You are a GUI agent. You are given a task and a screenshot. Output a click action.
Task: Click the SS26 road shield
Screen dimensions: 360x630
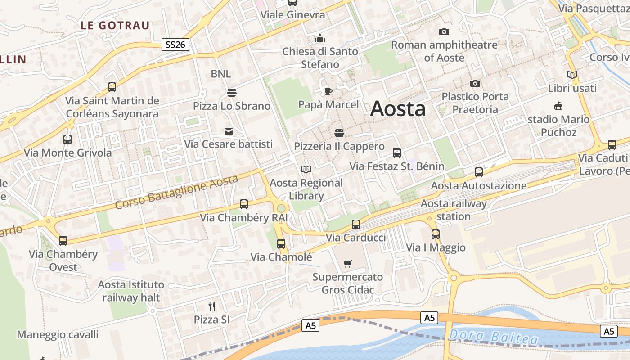click(x=175, y=45)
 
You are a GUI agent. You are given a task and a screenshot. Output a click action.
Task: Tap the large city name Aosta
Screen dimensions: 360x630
click(x=398, y=109)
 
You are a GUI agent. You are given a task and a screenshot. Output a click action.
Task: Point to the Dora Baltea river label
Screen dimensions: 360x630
click(x=493, y=337)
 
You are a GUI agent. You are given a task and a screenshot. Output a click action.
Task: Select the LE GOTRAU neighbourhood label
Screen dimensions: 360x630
click(x=115, y=26)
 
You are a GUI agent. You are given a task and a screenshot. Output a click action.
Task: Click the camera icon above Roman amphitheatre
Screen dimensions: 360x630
click(x=444, y=31)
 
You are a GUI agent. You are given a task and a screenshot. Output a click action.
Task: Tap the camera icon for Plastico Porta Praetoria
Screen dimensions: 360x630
click(x=475, y=83)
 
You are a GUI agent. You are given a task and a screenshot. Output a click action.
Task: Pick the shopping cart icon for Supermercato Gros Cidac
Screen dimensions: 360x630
click(x=347, y=264)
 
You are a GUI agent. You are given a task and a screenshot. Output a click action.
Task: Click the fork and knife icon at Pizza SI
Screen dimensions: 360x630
click(x=212, y=306)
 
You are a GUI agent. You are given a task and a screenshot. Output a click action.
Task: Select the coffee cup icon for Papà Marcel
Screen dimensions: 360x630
click(x=328, y=92)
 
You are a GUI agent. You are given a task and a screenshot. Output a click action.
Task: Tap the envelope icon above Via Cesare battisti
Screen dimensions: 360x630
click(x=229, y=131)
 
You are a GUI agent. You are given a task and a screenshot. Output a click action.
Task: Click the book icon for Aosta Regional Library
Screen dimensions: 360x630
click(x=306, y=170)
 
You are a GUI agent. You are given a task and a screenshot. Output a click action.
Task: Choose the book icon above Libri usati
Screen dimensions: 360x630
click(x=572, y=75)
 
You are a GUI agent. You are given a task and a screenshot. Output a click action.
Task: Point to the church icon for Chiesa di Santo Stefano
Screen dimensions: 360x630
click(x=320, y=38)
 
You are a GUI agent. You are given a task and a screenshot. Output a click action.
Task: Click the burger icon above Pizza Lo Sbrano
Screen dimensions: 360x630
click(x=232, y=93)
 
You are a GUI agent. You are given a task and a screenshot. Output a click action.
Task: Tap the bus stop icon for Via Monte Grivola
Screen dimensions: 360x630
click(x=67, y=139)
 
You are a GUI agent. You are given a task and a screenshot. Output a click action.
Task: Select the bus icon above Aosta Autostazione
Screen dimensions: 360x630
click(x=479, y=172)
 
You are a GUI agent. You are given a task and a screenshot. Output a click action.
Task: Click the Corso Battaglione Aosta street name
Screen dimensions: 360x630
click(x=176, y=192)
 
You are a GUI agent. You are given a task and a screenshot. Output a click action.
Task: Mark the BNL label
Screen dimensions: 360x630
click(x=220, y=74)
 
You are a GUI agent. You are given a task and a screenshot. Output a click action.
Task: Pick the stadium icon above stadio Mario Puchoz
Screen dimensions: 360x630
click(x=558, y=106)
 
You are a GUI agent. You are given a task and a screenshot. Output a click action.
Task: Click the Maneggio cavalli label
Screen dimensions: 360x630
click(x=58, y=335)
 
